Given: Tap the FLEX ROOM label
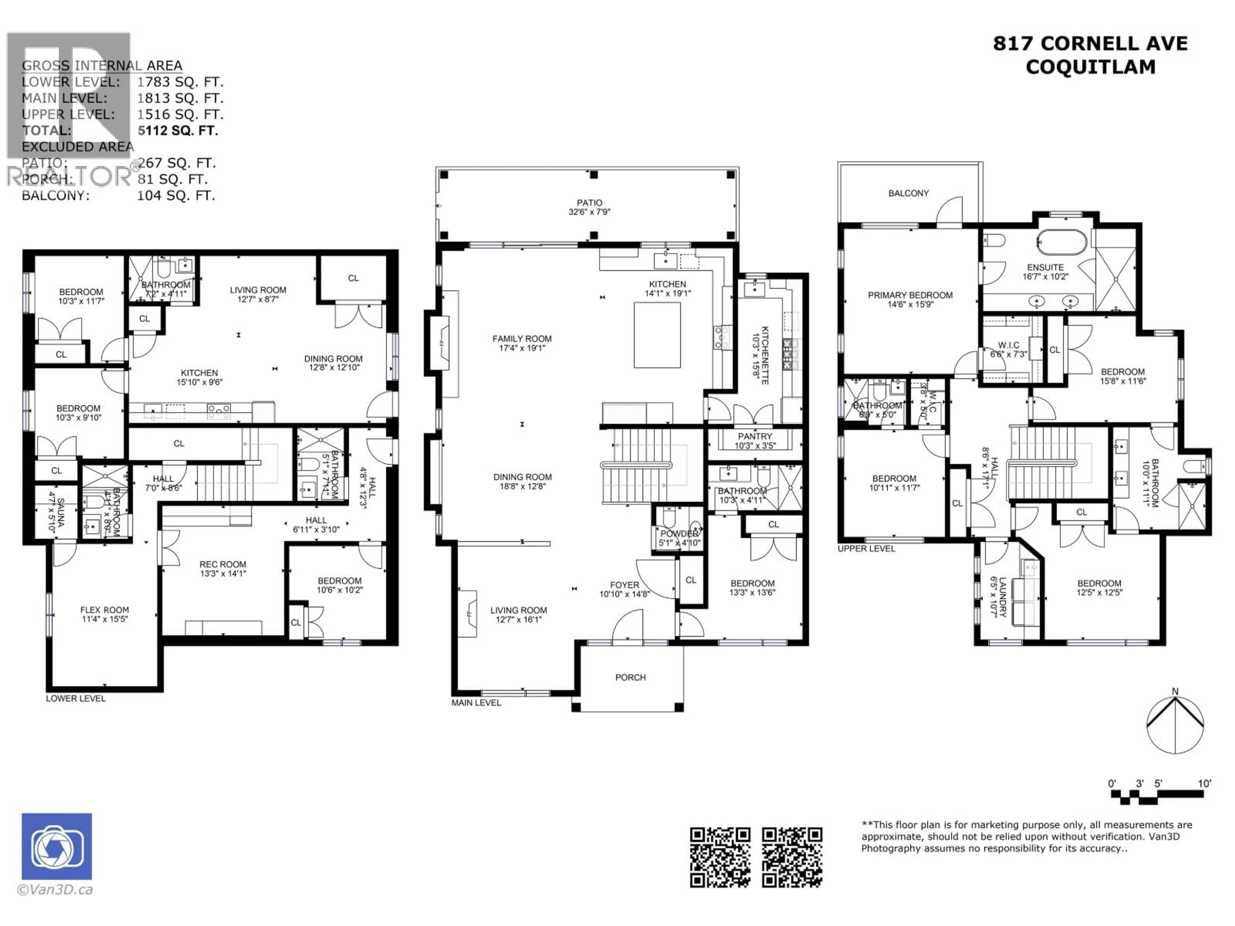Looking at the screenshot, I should click(105, 610).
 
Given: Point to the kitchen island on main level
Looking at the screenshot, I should click(657, 335).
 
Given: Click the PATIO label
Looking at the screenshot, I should click(590, 203).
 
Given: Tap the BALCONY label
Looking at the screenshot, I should click(908, 193).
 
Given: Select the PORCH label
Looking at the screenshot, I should click(630, 677).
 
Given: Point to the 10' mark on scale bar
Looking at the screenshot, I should click(1204, 784).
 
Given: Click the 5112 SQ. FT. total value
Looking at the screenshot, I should click(178, 131).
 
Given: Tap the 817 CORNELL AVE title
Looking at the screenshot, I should click(1090, 43).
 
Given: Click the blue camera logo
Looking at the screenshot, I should click(57, 846).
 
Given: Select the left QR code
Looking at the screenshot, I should click(720, 857).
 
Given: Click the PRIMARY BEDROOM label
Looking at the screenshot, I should click(910, 295).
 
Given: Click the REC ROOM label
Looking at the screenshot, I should click(223, 564).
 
